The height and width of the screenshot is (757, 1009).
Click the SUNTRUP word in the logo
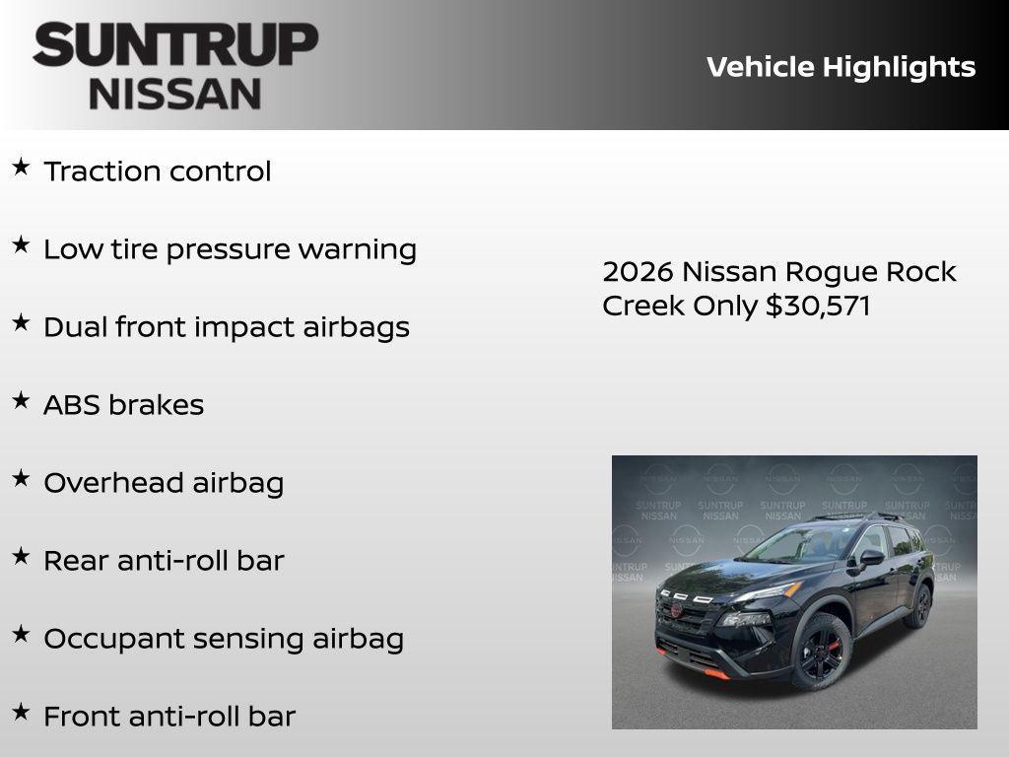pos(175,45)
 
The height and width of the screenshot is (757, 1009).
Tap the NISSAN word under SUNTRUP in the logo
pos(175,94)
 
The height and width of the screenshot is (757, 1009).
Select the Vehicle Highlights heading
pos(841,67)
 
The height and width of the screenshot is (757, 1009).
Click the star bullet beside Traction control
pos(21,168)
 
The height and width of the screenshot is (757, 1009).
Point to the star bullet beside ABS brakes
pos(21,401)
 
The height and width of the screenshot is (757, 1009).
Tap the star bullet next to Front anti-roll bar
pos(21,713)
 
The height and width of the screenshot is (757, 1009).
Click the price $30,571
pos(818,306)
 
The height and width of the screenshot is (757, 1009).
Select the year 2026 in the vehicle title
pos(638,272)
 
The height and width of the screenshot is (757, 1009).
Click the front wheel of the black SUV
pos(820,652)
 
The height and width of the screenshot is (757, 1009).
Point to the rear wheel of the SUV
pos(920,605)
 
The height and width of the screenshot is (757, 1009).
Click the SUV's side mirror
pos(871,558)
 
